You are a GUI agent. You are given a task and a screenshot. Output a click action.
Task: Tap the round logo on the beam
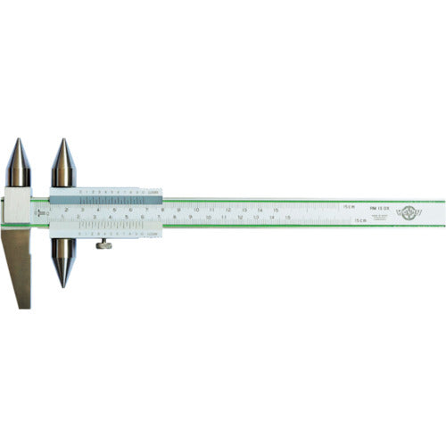pos(410,212)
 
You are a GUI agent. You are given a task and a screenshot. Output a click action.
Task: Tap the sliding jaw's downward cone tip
pos(62,285)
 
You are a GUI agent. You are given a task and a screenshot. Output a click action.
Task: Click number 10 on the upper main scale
pos(195,211)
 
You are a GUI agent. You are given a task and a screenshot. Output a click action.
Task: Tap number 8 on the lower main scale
pos(174,217)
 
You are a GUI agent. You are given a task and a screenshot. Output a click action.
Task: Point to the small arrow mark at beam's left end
pos(39,213)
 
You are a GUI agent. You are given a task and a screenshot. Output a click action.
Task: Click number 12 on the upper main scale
pos(227,211)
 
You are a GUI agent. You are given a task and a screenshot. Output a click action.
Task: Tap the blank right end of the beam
pos(434,212)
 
